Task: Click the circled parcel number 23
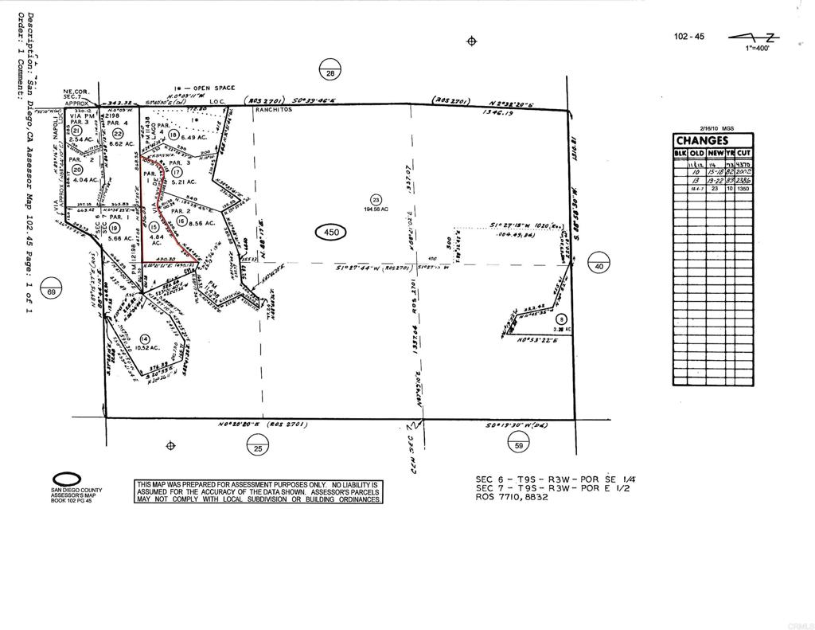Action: coord(376,200)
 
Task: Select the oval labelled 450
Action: coord(331,233)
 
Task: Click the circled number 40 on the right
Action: coord(599,267)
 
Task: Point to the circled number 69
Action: coord(51,286)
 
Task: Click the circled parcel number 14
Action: coord(145,338)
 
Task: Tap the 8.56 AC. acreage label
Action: coord(197,223)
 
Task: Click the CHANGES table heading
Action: coord(702,141)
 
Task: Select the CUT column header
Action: coord(744,153)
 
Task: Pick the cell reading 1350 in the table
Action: coord(743,190)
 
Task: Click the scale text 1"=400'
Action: coord(757,48)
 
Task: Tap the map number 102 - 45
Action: coord(688,37)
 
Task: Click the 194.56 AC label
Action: coord(376,209)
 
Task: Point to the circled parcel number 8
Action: coord(560,319)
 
